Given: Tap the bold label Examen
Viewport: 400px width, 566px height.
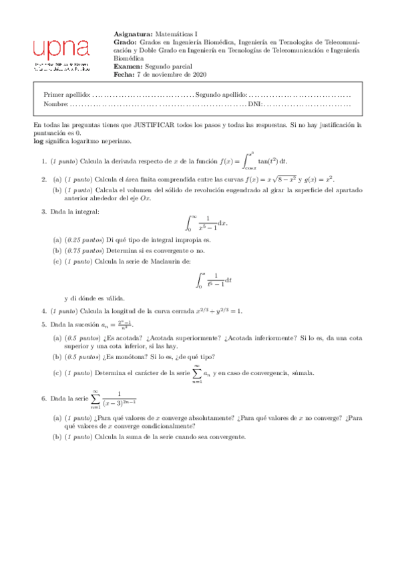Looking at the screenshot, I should pos(128,67).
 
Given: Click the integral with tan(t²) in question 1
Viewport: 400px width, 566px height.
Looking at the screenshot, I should pos(266,160).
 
